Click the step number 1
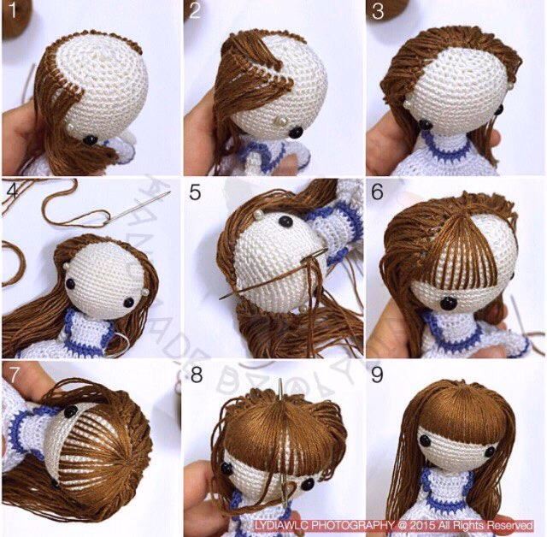[x=11, y=11]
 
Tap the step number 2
[x=195, y=11]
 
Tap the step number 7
[x=11, y=374]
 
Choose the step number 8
[x=196, y=374]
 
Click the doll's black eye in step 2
[x=296, y=132]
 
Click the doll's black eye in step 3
[x=425, y=125]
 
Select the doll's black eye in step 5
[x=285, y=223]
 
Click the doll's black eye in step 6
[x=447, y=303]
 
